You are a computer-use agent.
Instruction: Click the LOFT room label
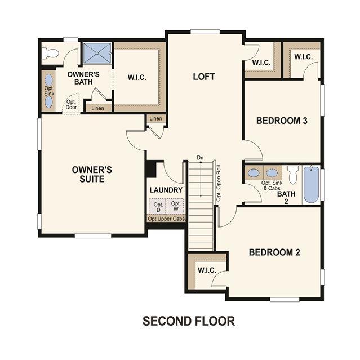pos(204,77)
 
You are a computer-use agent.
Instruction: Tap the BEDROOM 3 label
pos(282,121)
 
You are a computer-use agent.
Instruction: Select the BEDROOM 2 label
pos(274,252)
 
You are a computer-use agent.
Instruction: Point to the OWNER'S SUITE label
pos(92,174)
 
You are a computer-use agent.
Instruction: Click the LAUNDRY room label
pos(166,190)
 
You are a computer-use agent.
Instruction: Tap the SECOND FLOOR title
pos(189,321)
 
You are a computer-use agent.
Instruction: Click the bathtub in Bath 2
pos(311,185)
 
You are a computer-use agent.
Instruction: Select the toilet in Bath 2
pos(293,175)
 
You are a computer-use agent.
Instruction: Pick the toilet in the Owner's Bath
pos(50,53)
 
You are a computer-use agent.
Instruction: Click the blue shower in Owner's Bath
pos(97,53)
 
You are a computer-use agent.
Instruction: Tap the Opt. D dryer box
pos(158,207)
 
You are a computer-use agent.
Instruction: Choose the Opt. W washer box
pos(176,206)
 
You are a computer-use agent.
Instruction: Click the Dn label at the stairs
pos(200,158)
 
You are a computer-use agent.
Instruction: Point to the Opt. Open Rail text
pos(219,183)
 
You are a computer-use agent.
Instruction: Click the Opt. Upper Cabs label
pos(166,219)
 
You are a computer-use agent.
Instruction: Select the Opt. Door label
pos(71,104)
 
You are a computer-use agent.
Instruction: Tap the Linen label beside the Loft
pos(155,118)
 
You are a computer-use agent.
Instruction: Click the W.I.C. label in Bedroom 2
pos(207,270)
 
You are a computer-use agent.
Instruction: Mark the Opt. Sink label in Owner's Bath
pos(49,91)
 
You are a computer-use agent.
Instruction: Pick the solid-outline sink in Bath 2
pos(254,173)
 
